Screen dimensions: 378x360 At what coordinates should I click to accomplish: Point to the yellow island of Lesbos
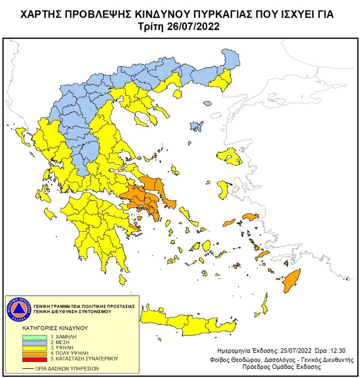[230, 157]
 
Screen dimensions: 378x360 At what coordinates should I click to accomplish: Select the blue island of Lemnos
[198, 127]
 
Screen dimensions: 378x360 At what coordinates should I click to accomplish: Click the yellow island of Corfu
[19, 136]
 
